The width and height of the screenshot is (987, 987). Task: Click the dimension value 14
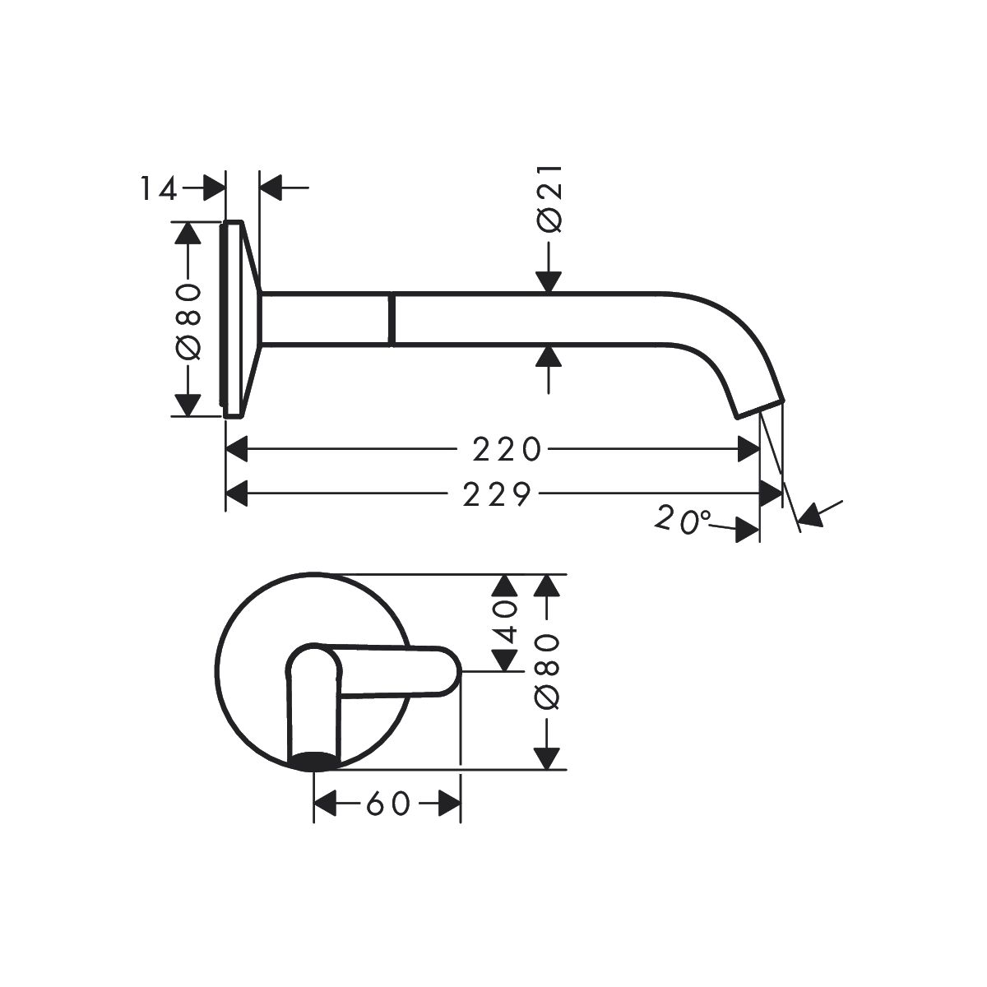159,188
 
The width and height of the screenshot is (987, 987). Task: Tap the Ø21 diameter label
549,199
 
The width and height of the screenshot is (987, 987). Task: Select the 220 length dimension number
506,449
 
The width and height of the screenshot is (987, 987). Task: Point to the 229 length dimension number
497,494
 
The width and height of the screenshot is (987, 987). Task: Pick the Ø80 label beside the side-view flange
188,320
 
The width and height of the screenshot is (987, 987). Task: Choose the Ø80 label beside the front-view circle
548,671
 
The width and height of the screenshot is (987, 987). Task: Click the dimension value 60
388,804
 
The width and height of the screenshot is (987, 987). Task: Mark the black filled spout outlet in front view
313,762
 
